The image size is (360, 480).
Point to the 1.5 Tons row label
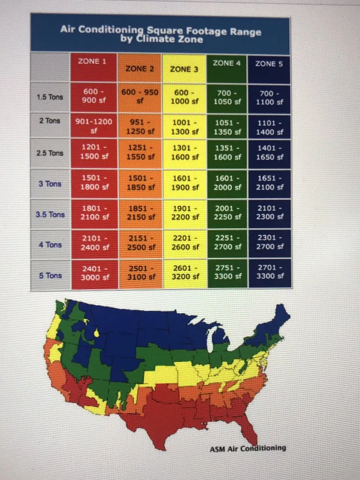(x=50, y=97)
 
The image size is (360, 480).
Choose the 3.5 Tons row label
(x=50, y=215)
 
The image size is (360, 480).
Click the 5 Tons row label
(x=50, y=276)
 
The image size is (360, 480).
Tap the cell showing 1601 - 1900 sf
(x=184, y=183)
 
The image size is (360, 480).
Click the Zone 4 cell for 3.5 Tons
(x=227, y=213)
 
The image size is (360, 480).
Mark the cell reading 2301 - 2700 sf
(x=269, y=242)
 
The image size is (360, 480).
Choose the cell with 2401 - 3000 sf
(x=94, y=273)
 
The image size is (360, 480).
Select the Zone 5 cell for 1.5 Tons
(x=269, y=97)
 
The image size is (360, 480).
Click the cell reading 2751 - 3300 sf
(x=227, y=272)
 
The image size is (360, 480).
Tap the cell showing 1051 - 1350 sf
(x=227, y=127)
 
